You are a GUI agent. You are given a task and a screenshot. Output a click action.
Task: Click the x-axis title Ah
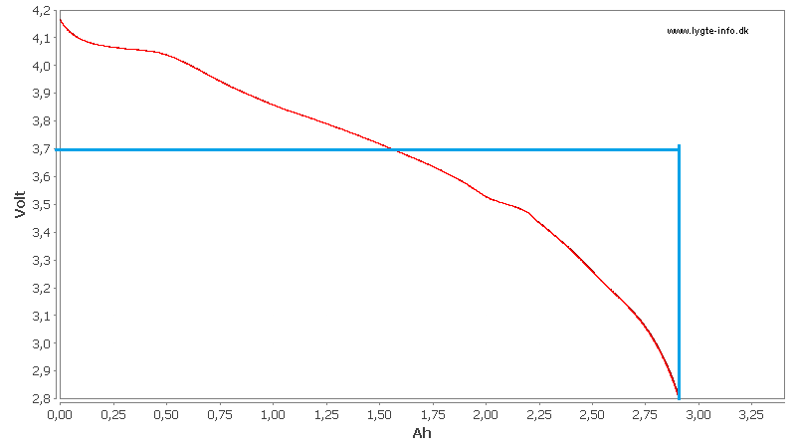tap(421, 433)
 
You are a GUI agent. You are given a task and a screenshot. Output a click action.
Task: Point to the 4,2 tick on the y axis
tap(43, 10)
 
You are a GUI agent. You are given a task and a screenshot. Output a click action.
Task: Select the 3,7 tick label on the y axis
tap(43, 149)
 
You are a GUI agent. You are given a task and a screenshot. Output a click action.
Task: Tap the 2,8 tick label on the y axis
tap(43, 399)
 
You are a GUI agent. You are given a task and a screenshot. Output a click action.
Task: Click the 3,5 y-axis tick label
tap(43, 205)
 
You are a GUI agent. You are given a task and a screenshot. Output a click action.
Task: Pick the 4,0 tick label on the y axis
tap(43, 66)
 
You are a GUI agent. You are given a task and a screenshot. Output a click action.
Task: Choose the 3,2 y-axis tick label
tap(43, 289)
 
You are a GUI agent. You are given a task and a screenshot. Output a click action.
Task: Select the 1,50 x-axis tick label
tap(379, 413)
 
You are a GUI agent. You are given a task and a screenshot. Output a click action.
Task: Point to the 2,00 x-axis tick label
tap(486, 413)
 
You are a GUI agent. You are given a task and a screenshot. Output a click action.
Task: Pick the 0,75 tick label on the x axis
tap(220, 413)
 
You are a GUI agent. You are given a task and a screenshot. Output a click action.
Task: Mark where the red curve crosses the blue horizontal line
tap(394, 150)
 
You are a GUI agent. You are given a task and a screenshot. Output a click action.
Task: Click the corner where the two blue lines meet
tap(679, 150)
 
